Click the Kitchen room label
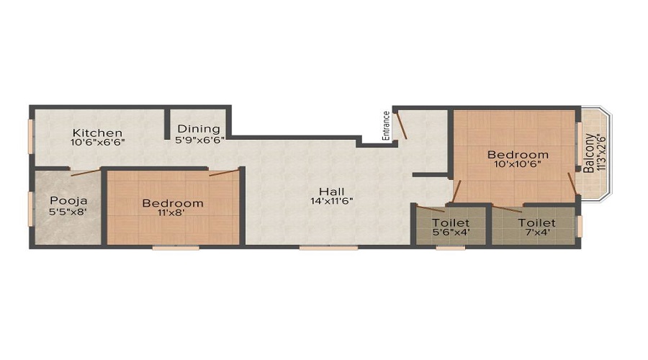click(97, 132)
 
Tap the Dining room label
click(199, 129)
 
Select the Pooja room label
click(68, 201)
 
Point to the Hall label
click(332, 192)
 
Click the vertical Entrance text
click(386, 126)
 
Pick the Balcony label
click(590, 153)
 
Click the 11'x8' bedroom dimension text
click(171, 212)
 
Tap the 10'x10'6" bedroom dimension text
click(518, 163)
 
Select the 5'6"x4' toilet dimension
click(451, 233)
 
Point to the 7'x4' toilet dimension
click(537, 233)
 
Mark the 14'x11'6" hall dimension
click(332, 202)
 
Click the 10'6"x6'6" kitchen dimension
click(97, 142)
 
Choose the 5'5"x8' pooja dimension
click(68, 211)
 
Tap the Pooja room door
click(86, 173)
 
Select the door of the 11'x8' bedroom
click(224, 173)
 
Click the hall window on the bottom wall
click(328, 248)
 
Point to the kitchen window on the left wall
click(30, 136)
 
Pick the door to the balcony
click(572, 183)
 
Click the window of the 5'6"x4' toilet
click(451, 248)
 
